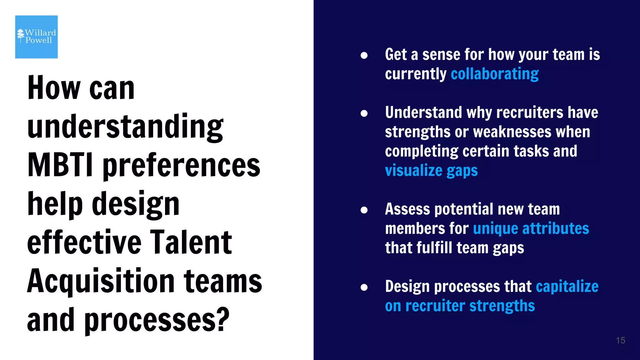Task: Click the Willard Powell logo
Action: [x=37, y=37]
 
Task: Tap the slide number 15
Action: [x=620, y=340]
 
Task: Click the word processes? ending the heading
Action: [x=157, y=320]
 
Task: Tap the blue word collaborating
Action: [x=495, y=74]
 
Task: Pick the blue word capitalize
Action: [x=567, y=286]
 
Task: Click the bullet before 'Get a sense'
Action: [x=364, y=55]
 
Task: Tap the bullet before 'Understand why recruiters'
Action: [x=364, y=113]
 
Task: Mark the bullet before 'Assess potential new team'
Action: [x=364, y=210]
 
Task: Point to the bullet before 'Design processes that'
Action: [x=364, y=287]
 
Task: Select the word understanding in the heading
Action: [x=125, y=127]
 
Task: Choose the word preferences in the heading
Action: [x=181, y=166]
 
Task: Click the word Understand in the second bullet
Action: [x=423, y=112]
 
